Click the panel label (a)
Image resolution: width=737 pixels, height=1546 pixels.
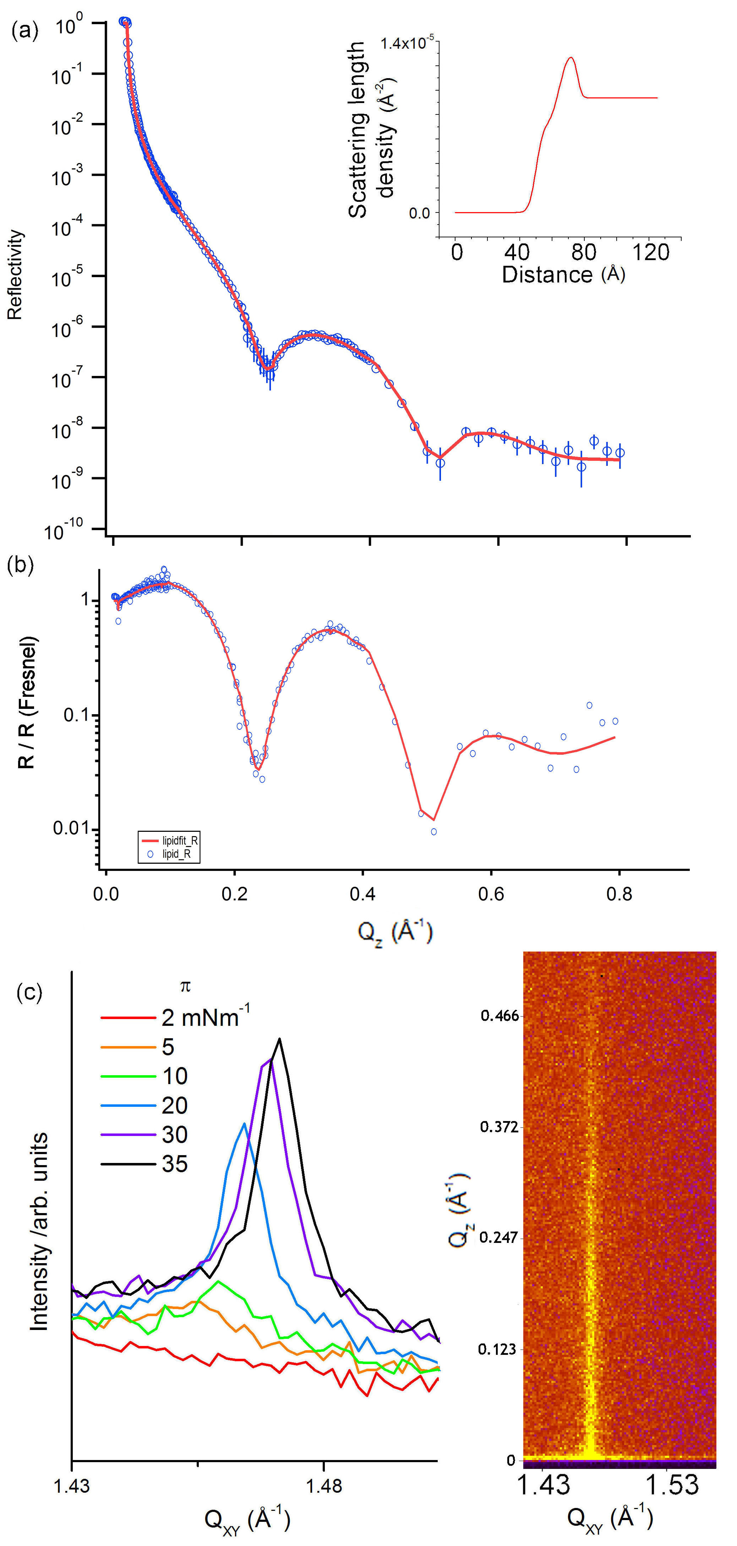24,30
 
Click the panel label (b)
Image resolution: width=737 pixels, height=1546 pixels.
20,565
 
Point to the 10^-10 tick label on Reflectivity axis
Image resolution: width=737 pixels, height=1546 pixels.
63,530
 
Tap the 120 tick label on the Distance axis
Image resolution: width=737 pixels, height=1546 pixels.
651,252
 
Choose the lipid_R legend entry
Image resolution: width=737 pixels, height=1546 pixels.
176,853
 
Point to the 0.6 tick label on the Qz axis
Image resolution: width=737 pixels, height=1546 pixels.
491,894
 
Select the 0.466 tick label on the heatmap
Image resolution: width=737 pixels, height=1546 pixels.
498,1016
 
